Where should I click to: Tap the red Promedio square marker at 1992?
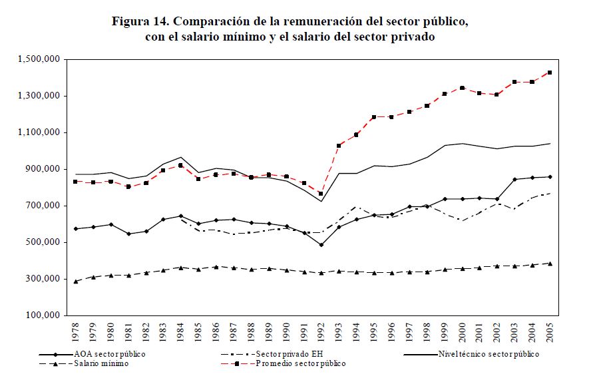pos(321,194)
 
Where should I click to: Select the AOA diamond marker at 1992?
pos(321,245)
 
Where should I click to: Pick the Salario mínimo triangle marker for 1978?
pos(76,282)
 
